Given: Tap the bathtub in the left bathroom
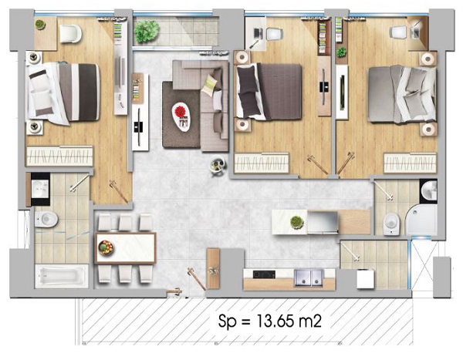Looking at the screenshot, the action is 62,276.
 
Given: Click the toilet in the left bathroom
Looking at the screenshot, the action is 46,219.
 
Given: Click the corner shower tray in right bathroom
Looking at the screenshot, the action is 422,220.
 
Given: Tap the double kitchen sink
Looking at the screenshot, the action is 309,278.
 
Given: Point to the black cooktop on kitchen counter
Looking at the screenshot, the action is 264,274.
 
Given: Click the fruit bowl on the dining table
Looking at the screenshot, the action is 106,247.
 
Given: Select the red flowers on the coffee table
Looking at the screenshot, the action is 180,111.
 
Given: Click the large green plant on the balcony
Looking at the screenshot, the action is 147,31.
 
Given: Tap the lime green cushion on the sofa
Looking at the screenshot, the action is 210,85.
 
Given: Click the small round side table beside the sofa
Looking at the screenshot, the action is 218,167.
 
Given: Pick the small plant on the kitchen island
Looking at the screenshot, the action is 297,222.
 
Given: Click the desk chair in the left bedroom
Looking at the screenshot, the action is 71,33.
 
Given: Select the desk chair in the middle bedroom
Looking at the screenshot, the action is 274,34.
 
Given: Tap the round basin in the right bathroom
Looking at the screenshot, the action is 429,190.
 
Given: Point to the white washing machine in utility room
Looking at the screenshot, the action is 365,279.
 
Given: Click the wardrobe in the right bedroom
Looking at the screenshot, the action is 410,163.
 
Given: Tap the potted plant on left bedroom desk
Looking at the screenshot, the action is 40,25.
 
